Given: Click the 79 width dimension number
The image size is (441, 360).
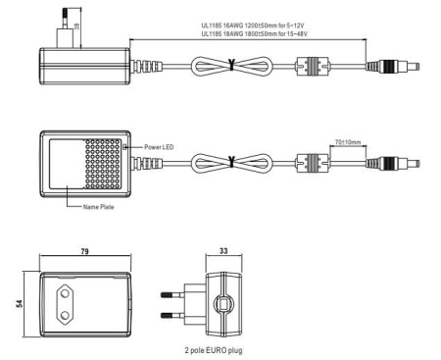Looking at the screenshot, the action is pos(84,251).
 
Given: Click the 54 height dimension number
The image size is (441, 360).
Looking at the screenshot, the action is pos(20,303).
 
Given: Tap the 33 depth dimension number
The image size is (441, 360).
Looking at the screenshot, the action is pos(223,251).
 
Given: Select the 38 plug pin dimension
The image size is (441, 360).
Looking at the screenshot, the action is pos(77,26).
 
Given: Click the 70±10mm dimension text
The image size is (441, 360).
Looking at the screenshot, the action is pos(348,142).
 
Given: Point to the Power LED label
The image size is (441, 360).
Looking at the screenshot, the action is pos(159,147).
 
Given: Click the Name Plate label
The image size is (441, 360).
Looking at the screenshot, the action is pos(99,207).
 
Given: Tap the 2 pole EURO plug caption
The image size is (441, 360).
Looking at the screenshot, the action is pos(214,350).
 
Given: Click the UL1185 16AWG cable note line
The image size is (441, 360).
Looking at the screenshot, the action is pos(253,26).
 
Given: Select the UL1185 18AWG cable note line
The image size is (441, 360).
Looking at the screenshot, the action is pos(255,33).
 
